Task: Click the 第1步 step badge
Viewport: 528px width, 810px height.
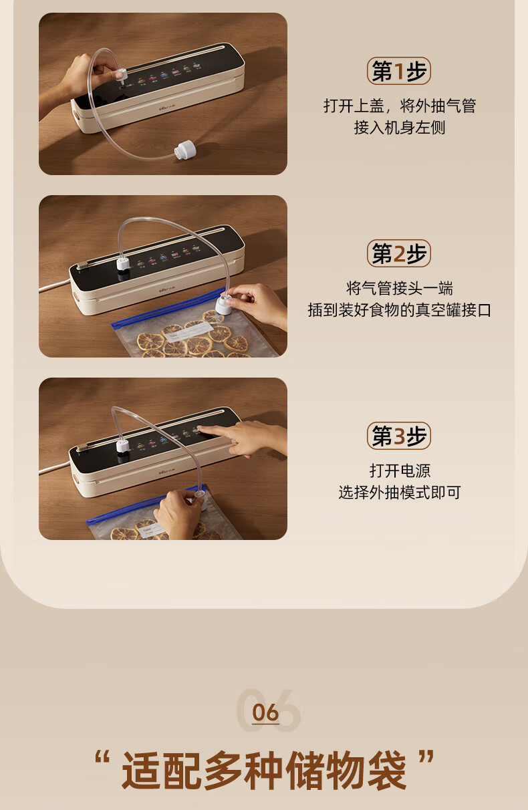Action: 399,71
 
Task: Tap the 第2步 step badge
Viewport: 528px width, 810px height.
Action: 399,253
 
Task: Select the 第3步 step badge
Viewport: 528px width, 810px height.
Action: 399,436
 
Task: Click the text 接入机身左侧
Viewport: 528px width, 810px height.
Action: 399,128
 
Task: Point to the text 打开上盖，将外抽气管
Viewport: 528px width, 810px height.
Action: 399,106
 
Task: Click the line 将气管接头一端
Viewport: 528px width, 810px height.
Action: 399,289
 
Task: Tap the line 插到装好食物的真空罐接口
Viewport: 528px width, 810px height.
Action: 399,310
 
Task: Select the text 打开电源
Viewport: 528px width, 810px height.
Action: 400,470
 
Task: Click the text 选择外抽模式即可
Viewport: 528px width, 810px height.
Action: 400,493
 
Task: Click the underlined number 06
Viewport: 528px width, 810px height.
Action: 265,712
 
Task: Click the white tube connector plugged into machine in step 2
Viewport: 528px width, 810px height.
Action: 122,263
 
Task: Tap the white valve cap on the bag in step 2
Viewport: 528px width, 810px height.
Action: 224,304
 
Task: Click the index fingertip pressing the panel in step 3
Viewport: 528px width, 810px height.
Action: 200,429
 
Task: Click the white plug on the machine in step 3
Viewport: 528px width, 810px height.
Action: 122,446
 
